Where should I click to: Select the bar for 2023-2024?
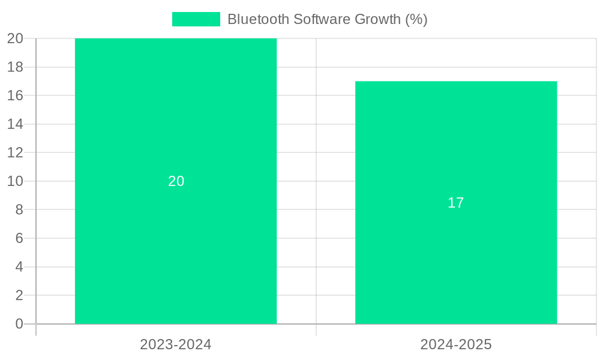176,252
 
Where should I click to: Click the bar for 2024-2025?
456,264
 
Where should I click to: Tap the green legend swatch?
196,19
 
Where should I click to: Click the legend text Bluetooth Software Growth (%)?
327,19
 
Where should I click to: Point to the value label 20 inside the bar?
176,181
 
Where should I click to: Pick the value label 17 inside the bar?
456,203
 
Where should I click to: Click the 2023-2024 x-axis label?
176,344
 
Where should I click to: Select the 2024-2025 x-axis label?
456,344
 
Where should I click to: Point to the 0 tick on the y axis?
19,324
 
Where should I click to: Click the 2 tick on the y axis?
19,295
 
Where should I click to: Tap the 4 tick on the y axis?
19,267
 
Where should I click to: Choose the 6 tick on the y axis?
19,238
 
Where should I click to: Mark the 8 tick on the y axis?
19,209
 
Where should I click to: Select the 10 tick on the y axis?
15,181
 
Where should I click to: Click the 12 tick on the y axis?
15,152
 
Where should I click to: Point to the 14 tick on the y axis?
15,124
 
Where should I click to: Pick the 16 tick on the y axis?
15,95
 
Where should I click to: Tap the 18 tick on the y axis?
15,67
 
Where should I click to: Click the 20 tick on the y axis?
15,38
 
